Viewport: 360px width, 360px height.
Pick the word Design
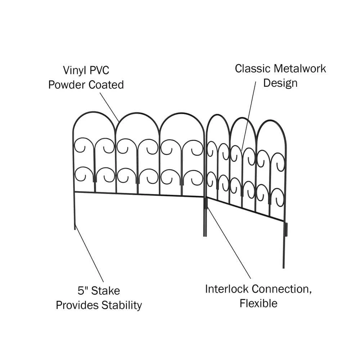(280, 83)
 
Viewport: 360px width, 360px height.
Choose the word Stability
(121, 305)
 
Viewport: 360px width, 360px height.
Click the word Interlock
(227, 289)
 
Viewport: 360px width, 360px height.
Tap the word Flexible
(258, 303)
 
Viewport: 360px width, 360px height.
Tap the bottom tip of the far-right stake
(283, 267)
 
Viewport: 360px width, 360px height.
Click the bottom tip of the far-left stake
(75, 229)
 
